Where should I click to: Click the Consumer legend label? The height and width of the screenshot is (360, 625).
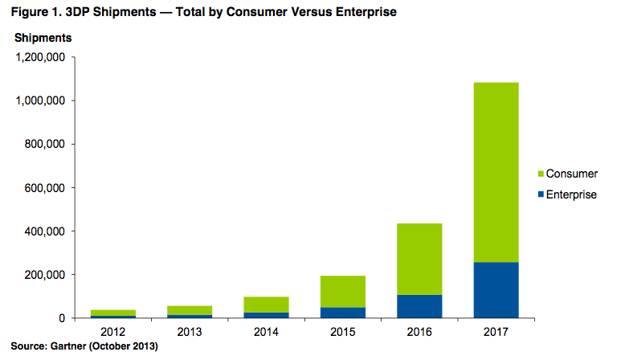(571, 174)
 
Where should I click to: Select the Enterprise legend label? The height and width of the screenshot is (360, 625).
(571, 194)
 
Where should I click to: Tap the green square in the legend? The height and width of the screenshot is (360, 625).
(541, 174)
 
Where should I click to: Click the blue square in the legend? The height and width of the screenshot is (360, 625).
(541, 194)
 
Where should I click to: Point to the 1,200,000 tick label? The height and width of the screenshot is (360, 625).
(40, 58)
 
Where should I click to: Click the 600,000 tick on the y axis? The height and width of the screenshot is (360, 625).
(47, 188)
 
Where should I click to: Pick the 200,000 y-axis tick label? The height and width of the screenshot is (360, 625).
(47, 275)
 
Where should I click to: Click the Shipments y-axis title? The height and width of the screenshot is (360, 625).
(43, 38)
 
